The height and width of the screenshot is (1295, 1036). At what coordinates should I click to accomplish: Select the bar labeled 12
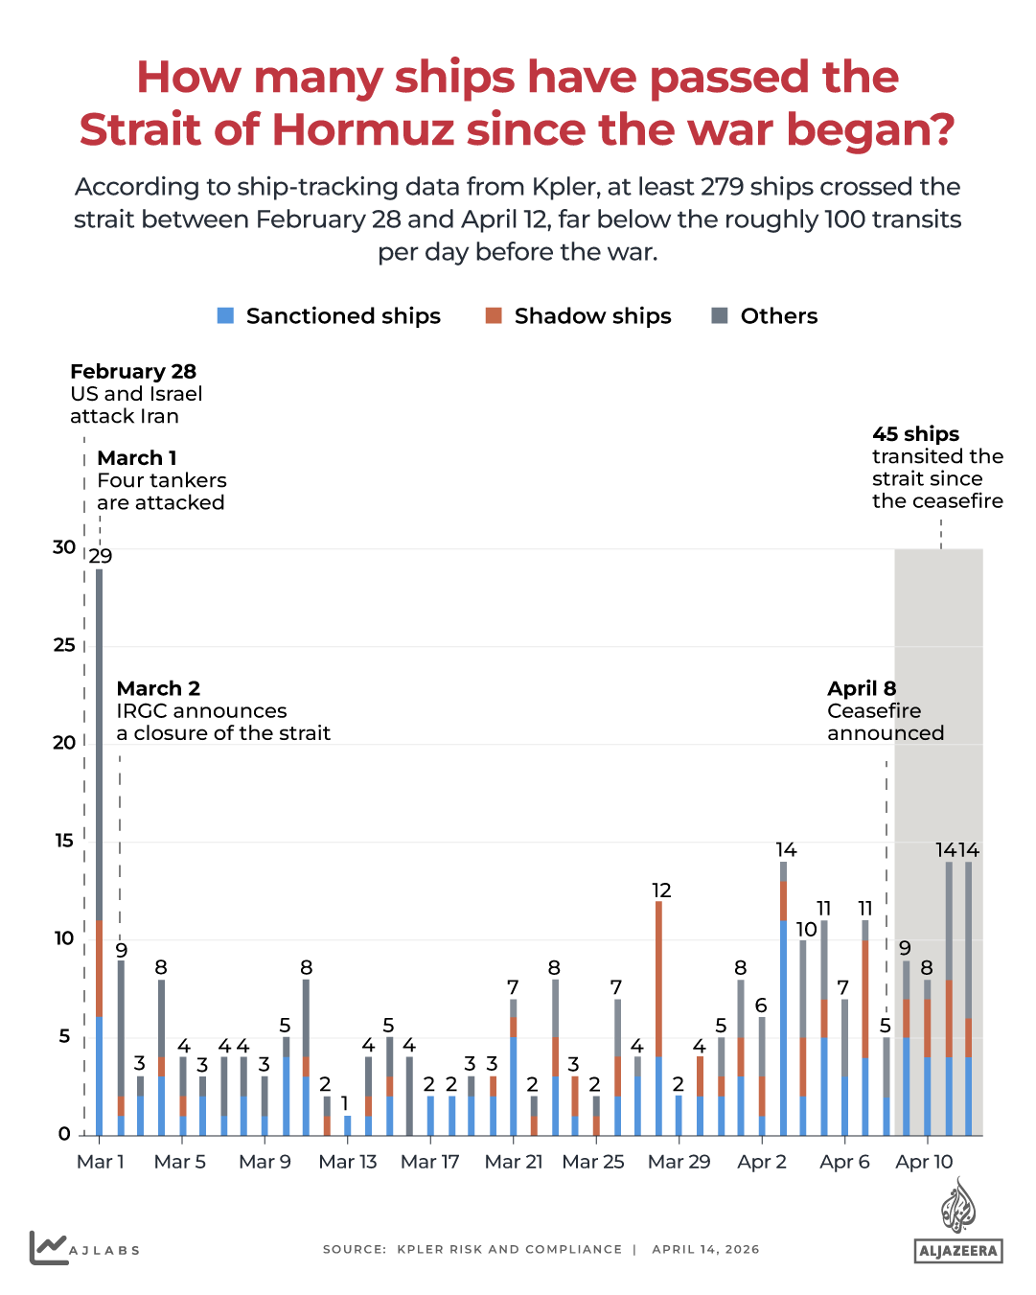click(x=658, y=1018)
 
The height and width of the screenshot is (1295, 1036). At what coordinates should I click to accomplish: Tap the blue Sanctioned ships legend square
click(x=226, y=316)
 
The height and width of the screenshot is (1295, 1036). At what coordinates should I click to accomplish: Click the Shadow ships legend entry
click(x=579, y=316)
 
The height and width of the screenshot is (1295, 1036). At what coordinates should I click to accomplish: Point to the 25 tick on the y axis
click(x=64, y=645)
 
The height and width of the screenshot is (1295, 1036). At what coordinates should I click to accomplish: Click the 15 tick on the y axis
click(x=64, y=841)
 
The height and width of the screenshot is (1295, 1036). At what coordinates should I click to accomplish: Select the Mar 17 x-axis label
click(x=430, y=1162)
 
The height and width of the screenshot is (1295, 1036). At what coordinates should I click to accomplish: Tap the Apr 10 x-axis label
click(x=924, y=1162)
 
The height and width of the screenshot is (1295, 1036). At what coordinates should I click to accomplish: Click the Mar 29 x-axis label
click(x=679, y=1162)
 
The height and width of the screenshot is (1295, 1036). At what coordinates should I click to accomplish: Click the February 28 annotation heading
click(x=133, y=372)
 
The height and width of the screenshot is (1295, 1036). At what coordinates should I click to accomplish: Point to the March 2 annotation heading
click(x=158, y=688)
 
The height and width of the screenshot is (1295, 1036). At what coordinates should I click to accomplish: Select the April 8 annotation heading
click(x=862, y=688)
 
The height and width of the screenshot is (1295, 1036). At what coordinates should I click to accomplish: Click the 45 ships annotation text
click(x=915, y=434)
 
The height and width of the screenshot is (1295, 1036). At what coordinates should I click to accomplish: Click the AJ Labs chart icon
click(x=47, y=1247)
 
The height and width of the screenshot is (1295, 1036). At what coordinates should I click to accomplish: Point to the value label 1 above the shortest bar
click(x=345, y=1103)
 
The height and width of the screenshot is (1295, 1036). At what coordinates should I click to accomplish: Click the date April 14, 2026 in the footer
click(x=705, y=1249)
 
